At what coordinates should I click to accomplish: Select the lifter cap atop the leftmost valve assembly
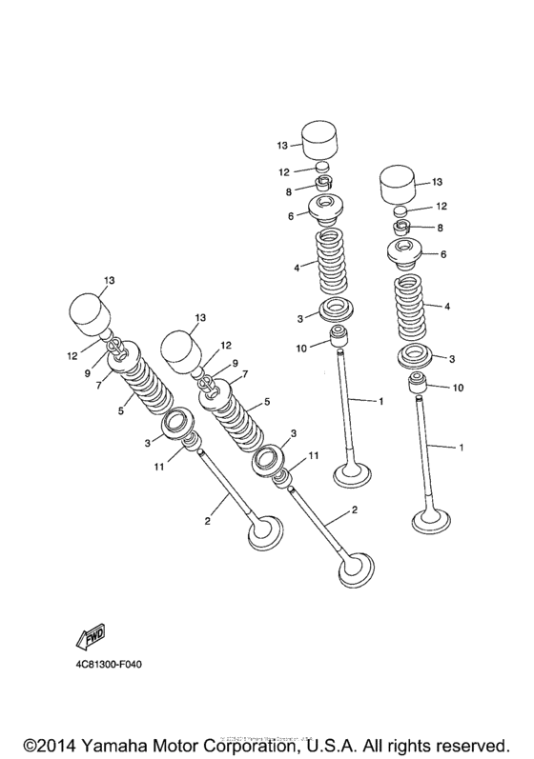coord(88,310)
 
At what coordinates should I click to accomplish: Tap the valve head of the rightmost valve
coord(429,519)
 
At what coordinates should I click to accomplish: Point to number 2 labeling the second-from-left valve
coord(355,510)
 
